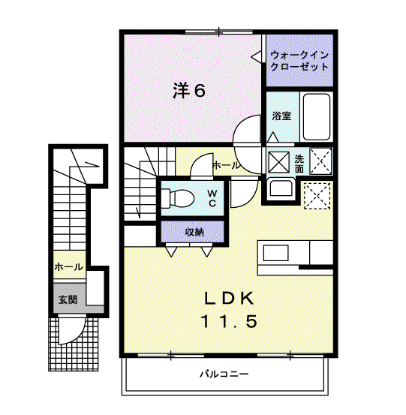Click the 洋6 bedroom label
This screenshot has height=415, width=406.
point(189,90)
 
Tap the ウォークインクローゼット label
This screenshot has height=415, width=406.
point(299,61)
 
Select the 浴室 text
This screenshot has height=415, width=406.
point(281,116)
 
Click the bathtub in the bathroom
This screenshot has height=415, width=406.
point(316,117)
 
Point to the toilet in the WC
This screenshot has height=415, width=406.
point(177,198)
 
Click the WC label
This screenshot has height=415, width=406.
point(212,198)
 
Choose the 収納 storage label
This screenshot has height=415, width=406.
point(194,232)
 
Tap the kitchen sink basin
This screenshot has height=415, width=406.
point(275,253)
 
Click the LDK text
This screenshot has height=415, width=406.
point(229,299)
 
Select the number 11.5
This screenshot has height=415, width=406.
point(229,321)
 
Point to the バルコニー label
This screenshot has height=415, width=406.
point(224,374)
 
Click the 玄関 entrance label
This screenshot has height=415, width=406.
point(68,300)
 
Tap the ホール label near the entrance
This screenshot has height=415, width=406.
point(68,267)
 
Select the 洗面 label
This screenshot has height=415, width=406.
point(299,164)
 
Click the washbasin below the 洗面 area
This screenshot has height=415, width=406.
point(280,188)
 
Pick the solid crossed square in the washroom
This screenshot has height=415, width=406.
point(278,162)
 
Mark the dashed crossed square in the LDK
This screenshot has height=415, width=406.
point(317,196)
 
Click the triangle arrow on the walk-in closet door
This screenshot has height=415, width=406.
point(256,56)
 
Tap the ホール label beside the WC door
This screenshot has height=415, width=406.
point(227,166)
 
